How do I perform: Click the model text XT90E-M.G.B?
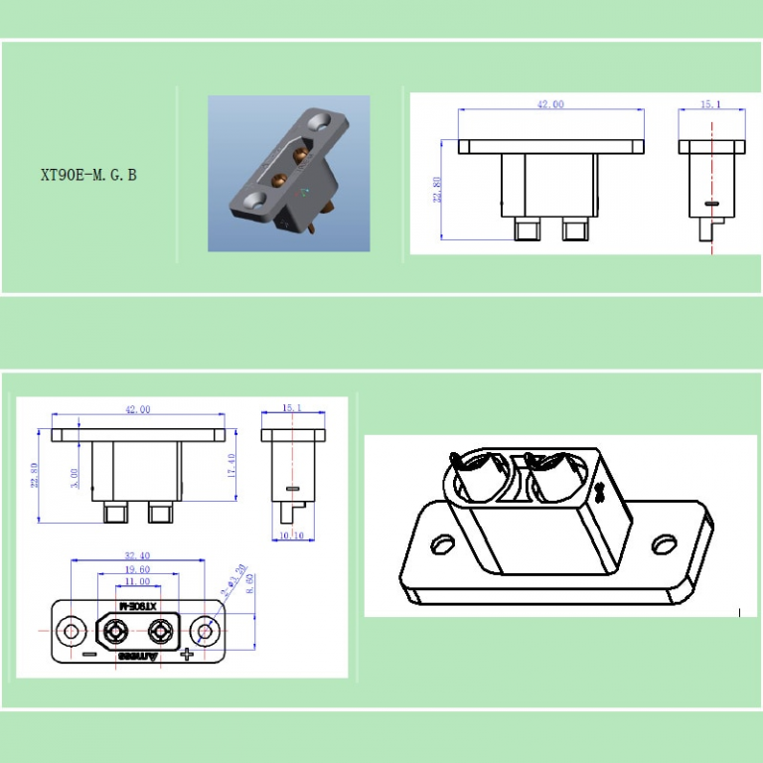88,176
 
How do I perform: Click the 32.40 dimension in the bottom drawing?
138,556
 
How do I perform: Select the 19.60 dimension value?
138,569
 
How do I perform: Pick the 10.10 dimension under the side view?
291,536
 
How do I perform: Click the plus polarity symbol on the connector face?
186,655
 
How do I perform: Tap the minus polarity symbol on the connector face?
89,655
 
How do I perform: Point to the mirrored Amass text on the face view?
138,657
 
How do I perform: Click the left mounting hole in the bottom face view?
71,631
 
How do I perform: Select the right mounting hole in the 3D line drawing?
663,544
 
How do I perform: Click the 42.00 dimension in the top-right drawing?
550,104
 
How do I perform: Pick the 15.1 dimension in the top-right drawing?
711,104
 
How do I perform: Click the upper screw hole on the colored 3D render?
321,122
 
